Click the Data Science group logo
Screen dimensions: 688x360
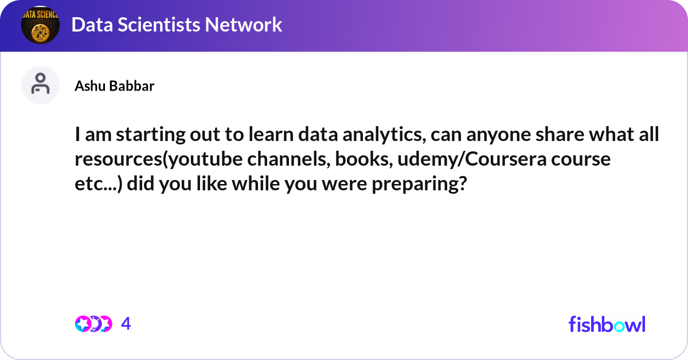[40, 25]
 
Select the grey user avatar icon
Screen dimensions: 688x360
[40, 85]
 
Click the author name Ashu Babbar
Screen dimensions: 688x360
[115, 86]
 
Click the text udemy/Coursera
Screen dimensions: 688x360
[472, 159]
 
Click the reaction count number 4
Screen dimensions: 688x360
[126, 323]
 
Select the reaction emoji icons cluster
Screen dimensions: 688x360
[93, 324]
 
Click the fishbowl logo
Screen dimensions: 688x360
[607, 324]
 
